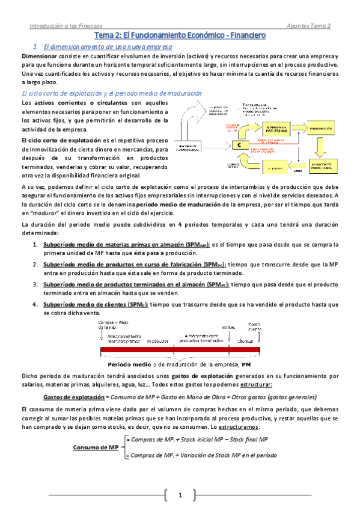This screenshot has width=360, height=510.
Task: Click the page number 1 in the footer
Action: tap(179, 495)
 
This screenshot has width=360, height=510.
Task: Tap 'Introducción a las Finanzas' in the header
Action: tap(66, 26)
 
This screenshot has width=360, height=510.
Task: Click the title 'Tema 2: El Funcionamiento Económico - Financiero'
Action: tap(180, 35)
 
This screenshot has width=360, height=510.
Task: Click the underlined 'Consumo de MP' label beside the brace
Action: tap(96, 447)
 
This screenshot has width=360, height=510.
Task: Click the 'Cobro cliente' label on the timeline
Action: tap(255, 327)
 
